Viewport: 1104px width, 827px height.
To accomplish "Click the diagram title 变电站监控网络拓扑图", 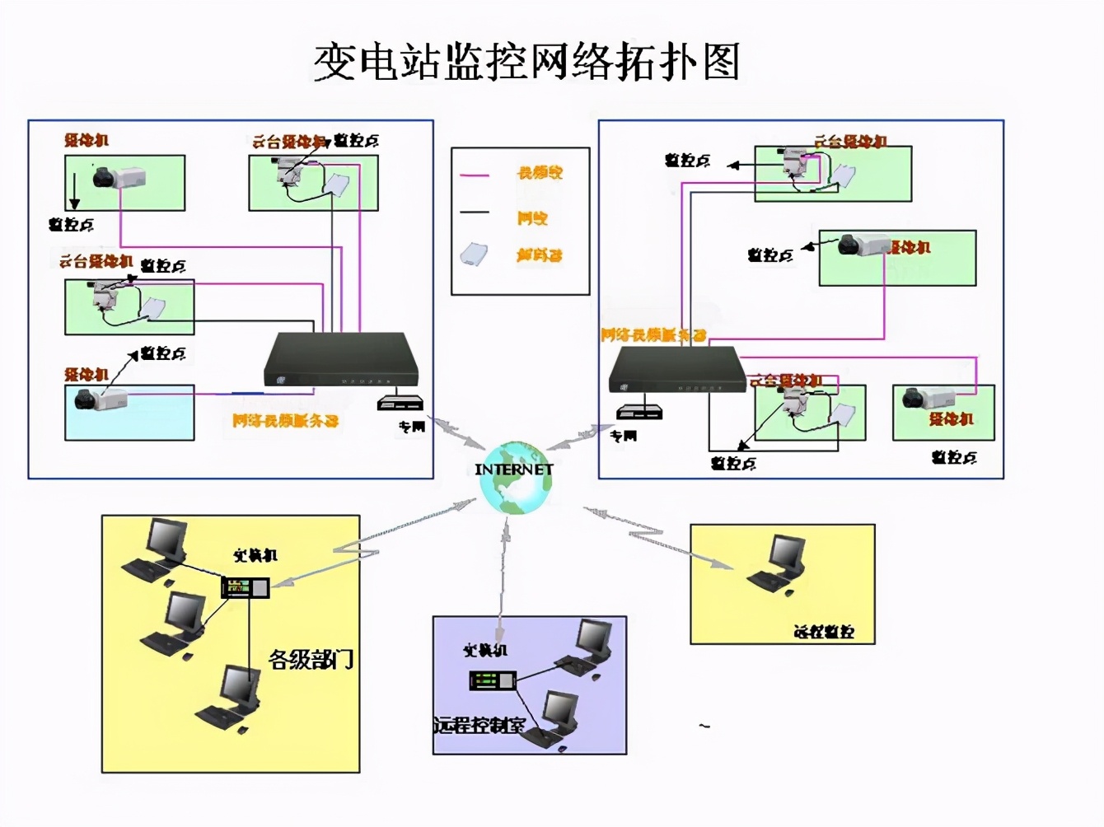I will tap(526, 62).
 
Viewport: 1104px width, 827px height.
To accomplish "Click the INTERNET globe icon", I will tap(516, 478).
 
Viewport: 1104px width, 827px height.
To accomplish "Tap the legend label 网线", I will tap(532, 218).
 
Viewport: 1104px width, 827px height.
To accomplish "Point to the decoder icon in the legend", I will tap(474, 255).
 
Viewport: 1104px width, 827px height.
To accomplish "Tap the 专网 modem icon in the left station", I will tap(400, 404).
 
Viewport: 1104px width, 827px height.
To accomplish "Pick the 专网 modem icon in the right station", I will tap(639, 411).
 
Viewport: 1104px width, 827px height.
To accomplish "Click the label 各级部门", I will tap(311, 659).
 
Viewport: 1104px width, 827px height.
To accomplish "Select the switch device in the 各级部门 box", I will tap(246, 587).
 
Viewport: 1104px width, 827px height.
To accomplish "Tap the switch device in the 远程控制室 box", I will tap(492, 680).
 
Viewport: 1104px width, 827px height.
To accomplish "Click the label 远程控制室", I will tap(479, 726).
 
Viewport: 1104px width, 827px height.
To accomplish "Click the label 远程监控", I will tap(823, 632).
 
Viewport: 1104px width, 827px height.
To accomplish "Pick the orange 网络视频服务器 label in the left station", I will tap(285, 421).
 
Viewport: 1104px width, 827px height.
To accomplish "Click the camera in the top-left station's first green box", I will tap(118, 177).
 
